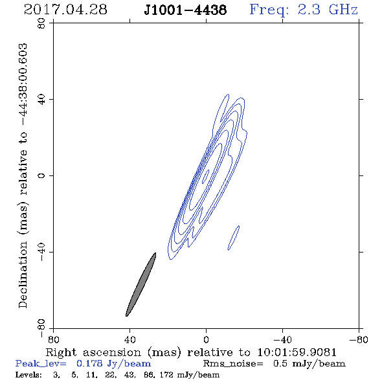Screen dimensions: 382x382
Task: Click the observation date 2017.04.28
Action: (65, 10)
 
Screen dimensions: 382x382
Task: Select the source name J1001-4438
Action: (185, 10)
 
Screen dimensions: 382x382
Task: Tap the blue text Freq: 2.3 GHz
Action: (304, 10)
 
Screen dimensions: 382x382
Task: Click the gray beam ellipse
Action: (140, 284)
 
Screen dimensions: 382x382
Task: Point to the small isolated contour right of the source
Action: (234, 238)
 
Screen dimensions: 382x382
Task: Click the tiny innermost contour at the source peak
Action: (206, 176)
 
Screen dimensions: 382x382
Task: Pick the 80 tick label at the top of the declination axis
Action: (41, 23)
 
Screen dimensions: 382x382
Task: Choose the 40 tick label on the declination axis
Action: (41, 100)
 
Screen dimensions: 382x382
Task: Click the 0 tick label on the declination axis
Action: (41, 175)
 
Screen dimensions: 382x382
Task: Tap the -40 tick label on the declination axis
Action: (41, 252)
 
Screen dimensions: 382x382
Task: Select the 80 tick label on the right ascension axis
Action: (53, 339)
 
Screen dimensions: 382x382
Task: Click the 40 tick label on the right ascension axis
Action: (129, 339)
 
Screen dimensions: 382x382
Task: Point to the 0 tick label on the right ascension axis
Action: (206, 339)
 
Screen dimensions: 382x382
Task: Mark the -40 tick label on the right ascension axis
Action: (282, 339)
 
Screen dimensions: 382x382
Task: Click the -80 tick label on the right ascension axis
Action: (359, 339)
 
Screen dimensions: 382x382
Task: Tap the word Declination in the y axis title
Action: (23, 275)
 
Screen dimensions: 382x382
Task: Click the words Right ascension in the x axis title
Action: (93, 352)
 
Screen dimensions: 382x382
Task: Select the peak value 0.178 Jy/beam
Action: (113, 363)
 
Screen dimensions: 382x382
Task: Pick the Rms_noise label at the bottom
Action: (233, 364)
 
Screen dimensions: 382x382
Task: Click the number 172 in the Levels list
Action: (168, 375)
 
